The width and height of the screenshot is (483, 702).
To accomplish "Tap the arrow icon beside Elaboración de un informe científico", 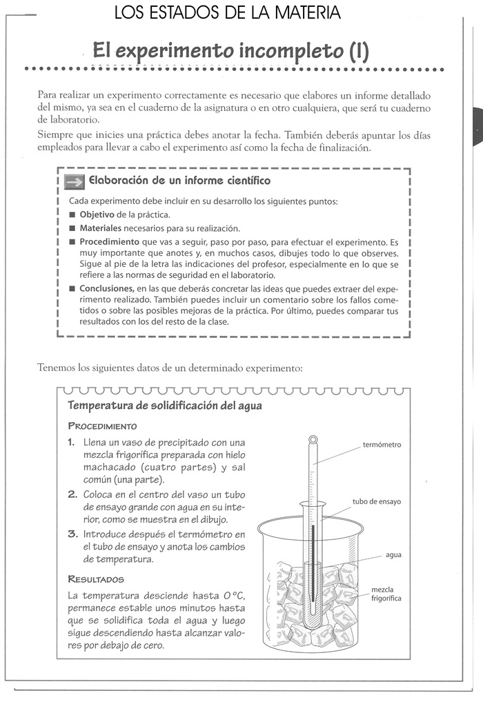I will [x=72, y=181].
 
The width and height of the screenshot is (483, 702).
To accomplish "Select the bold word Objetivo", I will [x=97, y=214].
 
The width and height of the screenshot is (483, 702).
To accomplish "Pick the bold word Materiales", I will [x=101, y=228].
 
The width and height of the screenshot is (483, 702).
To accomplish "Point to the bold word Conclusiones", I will [x=106, y=288].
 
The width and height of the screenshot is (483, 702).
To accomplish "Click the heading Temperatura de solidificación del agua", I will [x=164, y=405].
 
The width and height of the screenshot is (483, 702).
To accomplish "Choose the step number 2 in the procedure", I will [x=72, y=495].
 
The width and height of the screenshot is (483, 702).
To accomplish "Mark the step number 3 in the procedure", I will [x=72, y=534].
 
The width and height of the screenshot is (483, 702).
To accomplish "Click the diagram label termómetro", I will [x=382, y=445].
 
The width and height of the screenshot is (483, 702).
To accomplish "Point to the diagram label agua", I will [x=393, y=554].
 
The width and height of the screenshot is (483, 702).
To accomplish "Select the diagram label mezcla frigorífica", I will [x=386, y=594].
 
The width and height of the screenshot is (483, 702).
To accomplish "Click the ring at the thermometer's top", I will [x=313, y=439].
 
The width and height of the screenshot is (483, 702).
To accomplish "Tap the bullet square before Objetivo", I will [x=72, y=215].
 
